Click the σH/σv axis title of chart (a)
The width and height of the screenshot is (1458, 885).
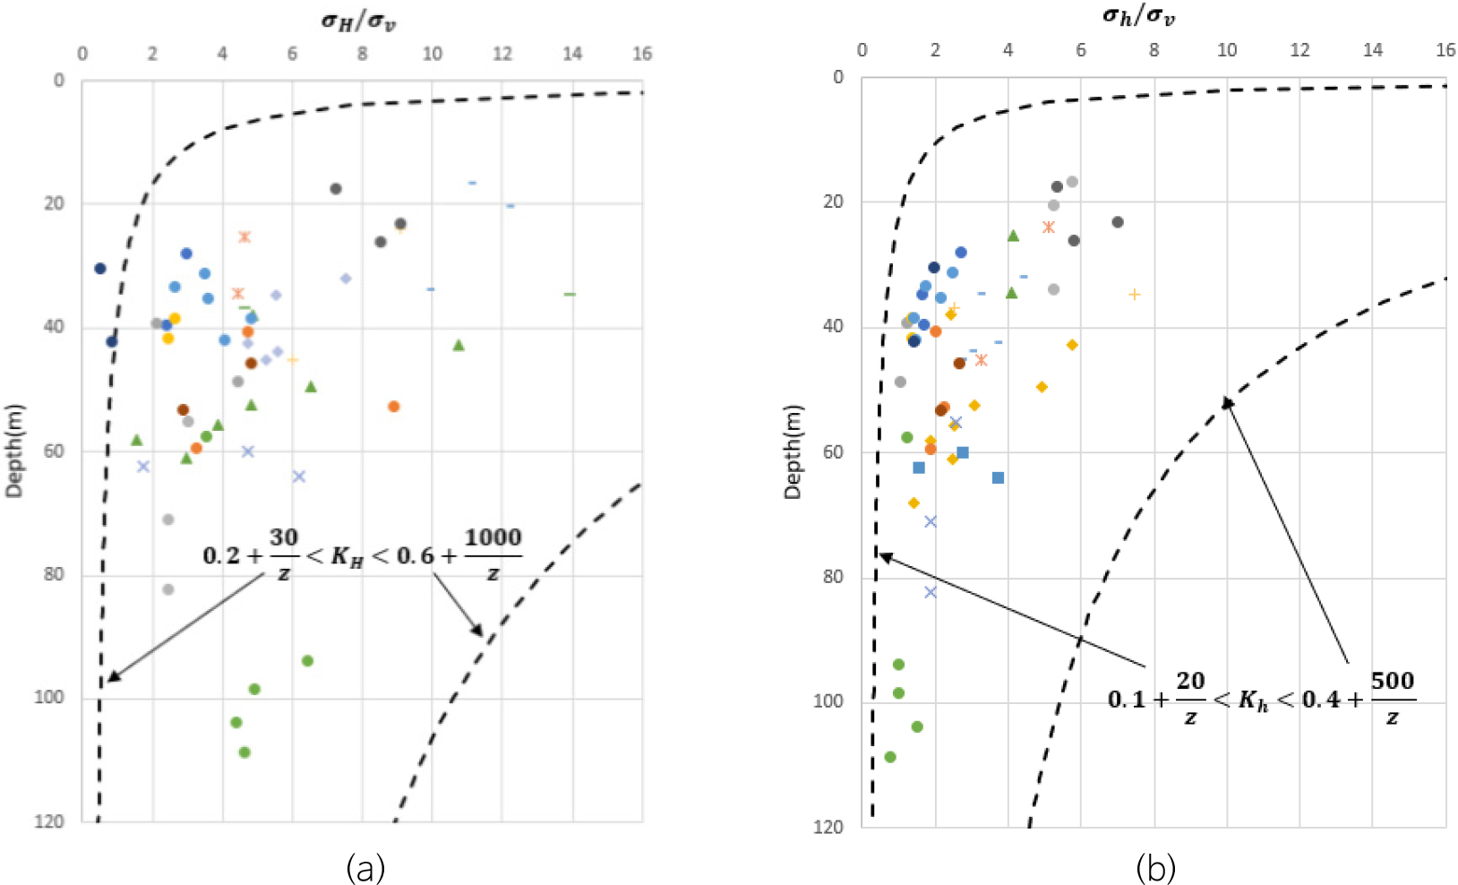(x=358, y=20)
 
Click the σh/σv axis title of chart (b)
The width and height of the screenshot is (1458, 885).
(x=1138, y=16)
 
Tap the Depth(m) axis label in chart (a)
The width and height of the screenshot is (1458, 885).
(x=15, y=451)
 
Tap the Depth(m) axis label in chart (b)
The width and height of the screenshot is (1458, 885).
(x=793, y=451)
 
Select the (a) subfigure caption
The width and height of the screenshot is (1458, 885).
(x=365, y=867)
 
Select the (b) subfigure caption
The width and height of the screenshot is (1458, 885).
(x=1155, y=867)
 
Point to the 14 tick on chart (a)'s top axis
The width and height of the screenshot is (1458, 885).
(x=572, y=54)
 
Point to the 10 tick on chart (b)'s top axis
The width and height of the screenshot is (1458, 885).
(x=1227, y=50)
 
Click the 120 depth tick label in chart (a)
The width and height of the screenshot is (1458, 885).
(x=49, y=821)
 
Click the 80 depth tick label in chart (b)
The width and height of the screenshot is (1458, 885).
(x=833, y=577)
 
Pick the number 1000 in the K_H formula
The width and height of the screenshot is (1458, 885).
(x=493, y=537)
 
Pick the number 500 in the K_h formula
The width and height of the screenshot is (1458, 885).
(x=1393, y=681)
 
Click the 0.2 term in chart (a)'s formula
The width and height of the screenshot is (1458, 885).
(x=219, y=556)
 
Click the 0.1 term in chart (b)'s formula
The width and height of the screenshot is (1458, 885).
(x=1126, y=700)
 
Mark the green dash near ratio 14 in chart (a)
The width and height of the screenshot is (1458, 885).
(x=570, y=294)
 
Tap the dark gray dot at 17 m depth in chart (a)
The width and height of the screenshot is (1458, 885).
(x=336, y=189)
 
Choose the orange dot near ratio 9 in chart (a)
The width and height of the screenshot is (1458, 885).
(x=393, y=407)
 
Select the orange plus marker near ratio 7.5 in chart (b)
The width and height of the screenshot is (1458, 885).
(x=1135, y=294)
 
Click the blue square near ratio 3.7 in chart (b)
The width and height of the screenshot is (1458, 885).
(x=998, y=477)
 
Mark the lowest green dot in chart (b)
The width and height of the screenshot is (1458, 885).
(x=890, y=757)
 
